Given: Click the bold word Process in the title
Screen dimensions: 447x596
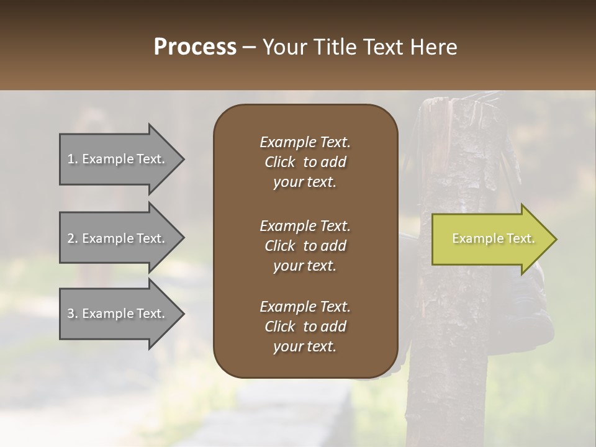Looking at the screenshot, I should coord(195,47).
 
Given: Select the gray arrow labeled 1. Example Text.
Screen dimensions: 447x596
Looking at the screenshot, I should coord(118,159).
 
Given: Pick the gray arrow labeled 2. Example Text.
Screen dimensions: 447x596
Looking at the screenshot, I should coord(118,238).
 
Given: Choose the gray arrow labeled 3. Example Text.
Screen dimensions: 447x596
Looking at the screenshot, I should coord(118,314).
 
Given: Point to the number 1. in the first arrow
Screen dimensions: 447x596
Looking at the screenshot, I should coord(73,159).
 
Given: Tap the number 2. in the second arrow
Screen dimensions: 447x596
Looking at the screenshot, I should coord(73,238).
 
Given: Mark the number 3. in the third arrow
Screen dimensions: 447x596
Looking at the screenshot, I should coord(73,314).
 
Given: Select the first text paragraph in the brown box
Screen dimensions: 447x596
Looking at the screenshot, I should coord(305,162).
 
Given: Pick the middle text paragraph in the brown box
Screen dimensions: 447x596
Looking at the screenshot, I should coord(305,246).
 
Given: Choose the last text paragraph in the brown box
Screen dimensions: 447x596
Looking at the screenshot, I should coord(305,327).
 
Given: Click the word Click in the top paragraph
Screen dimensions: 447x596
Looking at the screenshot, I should coord(280,162).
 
